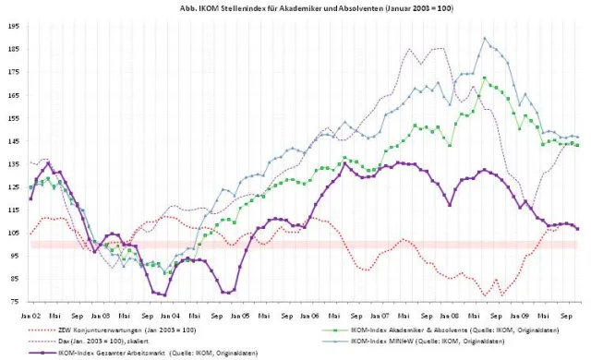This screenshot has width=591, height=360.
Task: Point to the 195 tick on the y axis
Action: [14, 26]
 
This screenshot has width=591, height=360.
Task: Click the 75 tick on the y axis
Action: [16, 301]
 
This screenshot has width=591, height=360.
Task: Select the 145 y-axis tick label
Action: [14, 140]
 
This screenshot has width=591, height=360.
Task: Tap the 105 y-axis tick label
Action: [14, 233]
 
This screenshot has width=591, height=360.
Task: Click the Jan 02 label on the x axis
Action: [30, 314]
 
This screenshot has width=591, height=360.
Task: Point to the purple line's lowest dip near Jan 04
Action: [164, 294]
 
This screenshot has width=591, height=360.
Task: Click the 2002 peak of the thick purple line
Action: [49, 163]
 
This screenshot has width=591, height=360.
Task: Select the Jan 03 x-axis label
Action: [101, 314]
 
